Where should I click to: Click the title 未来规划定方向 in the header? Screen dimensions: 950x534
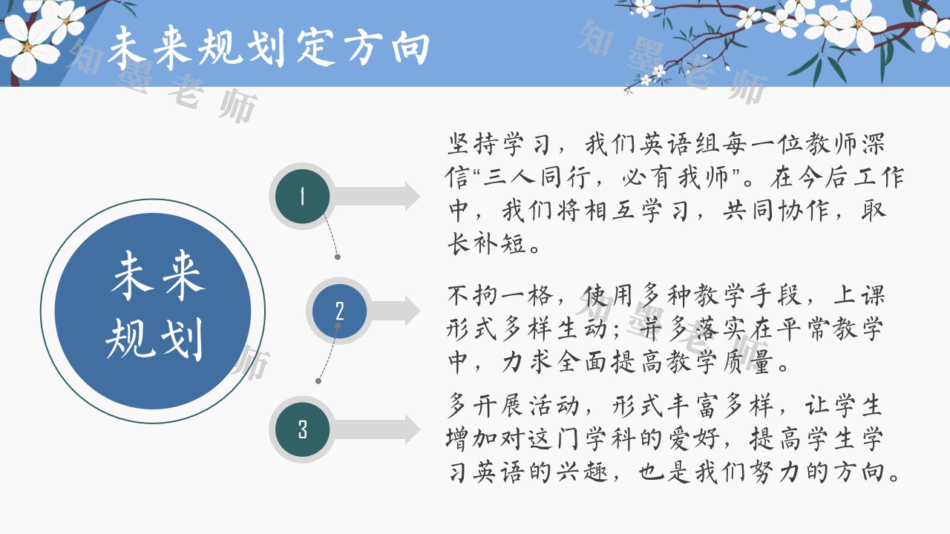coord(269,47)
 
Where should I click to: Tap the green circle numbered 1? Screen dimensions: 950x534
coord(302,197)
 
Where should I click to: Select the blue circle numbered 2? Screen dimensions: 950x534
coord(339,311)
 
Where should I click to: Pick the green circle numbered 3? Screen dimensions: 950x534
coord(302,429)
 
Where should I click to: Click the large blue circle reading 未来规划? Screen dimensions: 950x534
coord(153,311)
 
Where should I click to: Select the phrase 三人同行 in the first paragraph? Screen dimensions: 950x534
coord(537,177)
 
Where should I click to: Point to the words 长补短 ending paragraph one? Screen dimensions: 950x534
coord(488,243)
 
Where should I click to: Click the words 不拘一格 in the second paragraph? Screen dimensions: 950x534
coord(500,295)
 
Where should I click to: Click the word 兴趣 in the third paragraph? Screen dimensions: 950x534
coord(583,472)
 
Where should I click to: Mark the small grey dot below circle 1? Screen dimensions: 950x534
coord(338,257)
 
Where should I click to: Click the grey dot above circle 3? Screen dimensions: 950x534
coord(318,381)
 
